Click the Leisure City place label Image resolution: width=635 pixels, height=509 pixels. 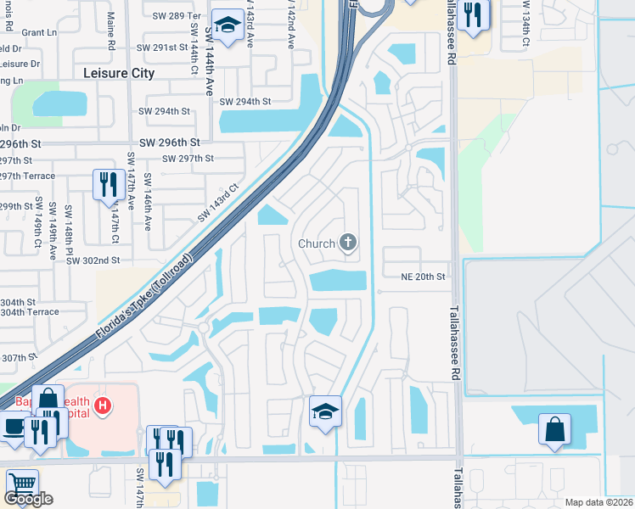pyautogui.click(x=119, y=73)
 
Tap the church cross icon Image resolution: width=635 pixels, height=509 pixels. pyautogui.click(x=346, y=243)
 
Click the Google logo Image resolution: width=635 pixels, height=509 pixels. pyautogui.click(x=29, y=499)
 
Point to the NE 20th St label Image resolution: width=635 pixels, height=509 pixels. pyautogui.click(x=423, y=277)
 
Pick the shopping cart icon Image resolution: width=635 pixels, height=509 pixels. pyautogui.click(x=22, y=484)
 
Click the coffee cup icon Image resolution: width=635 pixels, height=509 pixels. pyautogui.click(x=14, y=426)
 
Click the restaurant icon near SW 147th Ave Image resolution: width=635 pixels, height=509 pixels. pyautogui.click(x=108, y=184)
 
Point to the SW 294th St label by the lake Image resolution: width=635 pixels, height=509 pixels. pyautogui.click(x=244, y=102)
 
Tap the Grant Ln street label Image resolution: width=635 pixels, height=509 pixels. pyautogui.click(x=38, y=32)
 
